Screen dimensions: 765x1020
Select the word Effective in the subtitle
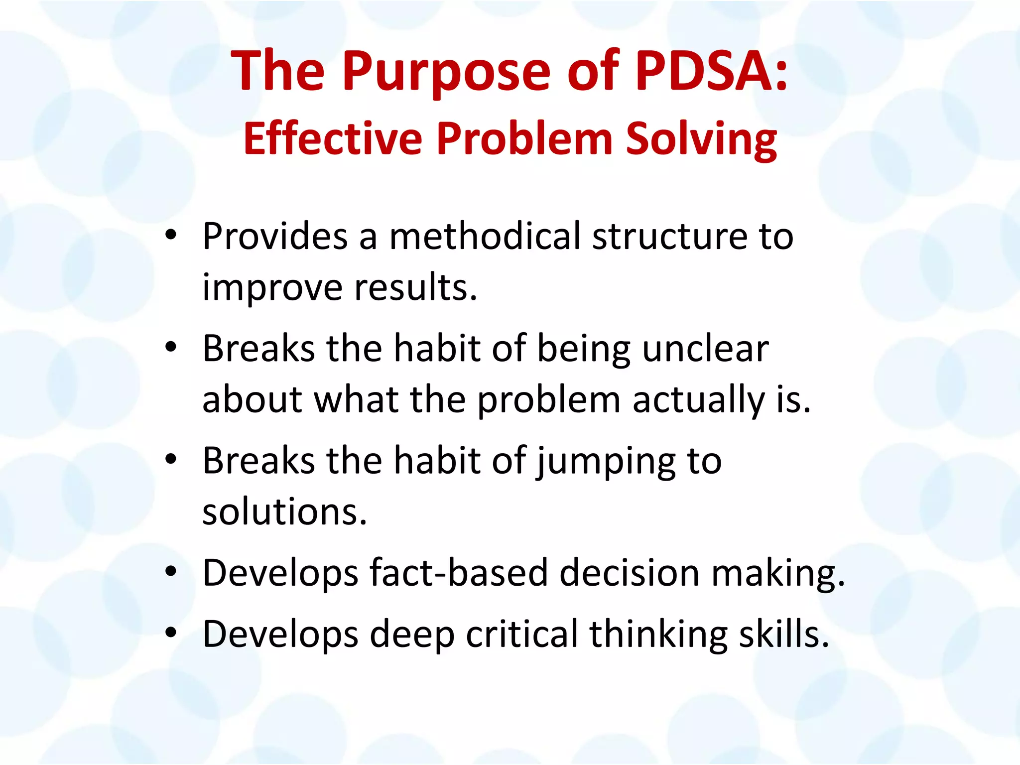click(333, 139)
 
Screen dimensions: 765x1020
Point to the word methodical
click(485, 236)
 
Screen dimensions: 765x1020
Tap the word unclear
click(705, 348)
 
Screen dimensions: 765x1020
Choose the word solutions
click(284, 511)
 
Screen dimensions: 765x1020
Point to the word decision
click(630, 573)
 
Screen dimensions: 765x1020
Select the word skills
click(784, 634)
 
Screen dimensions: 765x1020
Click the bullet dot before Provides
click(171, 235)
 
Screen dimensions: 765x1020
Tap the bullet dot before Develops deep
click(171, 633)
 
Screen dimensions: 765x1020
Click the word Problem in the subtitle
click(525, 139)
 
